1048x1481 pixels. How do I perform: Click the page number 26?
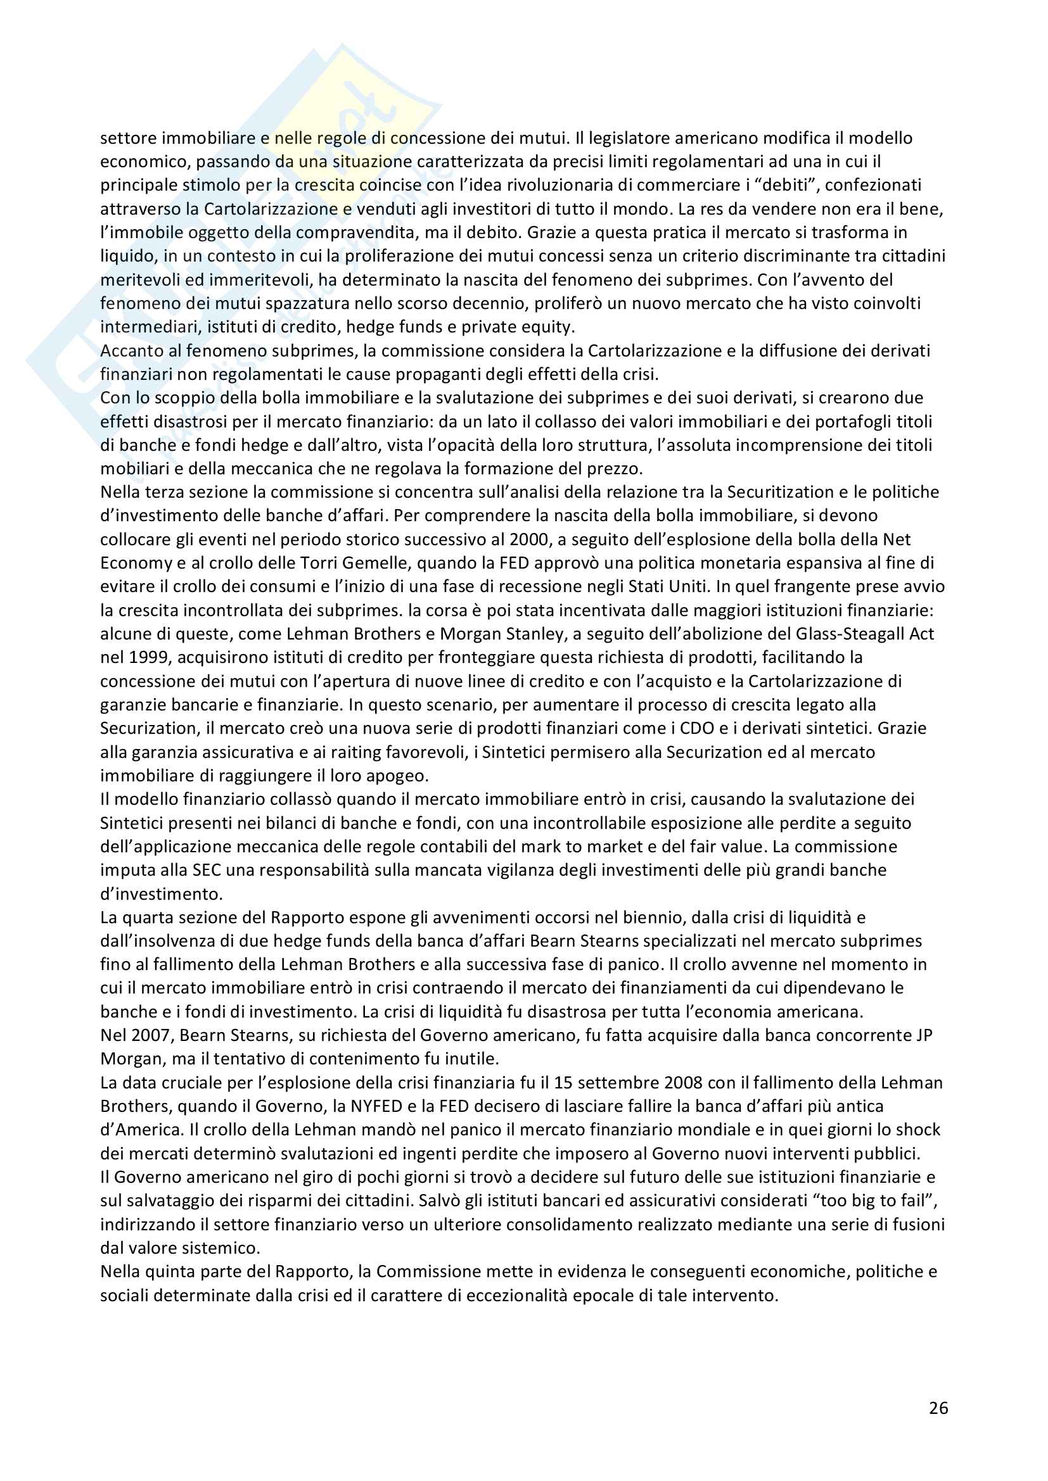pyautogui.click(x=938, y=1408)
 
